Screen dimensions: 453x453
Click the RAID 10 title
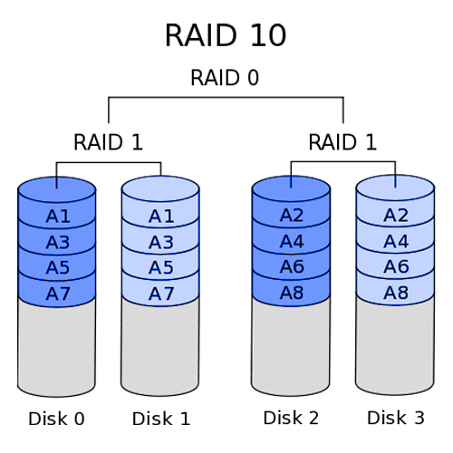226,35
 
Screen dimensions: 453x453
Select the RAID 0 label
225,78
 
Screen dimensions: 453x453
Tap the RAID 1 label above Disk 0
108,142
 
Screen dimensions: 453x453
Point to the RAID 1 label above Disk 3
342,142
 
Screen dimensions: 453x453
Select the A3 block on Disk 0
57,242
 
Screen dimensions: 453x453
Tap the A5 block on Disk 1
161,267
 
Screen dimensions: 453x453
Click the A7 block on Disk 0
57,294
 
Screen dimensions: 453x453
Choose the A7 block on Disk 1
161,294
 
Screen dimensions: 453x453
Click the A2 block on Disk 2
291,216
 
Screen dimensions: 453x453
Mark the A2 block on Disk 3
396,216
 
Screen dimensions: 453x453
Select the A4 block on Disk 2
291,241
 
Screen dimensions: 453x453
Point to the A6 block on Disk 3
396,266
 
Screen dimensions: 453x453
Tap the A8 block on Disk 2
291,293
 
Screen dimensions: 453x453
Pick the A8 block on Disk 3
396,293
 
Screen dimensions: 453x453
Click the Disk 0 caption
56,419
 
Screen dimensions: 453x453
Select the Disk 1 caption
161,419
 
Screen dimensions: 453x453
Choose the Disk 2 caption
291,418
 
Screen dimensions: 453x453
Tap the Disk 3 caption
396,418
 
